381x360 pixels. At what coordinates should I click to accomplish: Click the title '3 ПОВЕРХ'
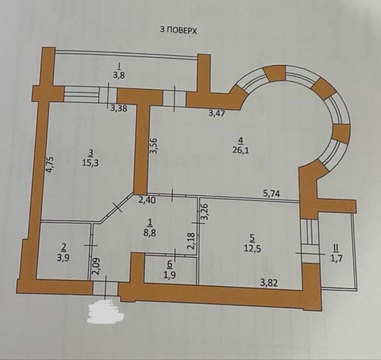178,30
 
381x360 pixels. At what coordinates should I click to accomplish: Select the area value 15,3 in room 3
90,163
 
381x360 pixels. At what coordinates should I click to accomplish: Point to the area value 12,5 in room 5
253,249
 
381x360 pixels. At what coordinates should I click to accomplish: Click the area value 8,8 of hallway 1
150,233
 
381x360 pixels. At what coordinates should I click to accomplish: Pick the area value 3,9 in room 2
63,258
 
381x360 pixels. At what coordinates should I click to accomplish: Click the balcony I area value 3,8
119,75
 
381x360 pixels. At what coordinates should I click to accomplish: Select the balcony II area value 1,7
336,258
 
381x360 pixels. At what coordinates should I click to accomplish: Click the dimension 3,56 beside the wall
154,146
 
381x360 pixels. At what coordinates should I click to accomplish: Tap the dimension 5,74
272,194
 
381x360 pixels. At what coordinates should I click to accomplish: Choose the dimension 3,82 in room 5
269,283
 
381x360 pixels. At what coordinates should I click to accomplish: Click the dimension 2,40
147,201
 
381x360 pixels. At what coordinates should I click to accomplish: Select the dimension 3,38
118,108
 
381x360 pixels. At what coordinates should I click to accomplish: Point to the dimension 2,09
96,266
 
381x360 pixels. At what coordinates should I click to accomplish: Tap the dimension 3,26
205,212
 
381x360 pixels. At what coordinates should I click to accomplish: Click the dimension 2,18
191,241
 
